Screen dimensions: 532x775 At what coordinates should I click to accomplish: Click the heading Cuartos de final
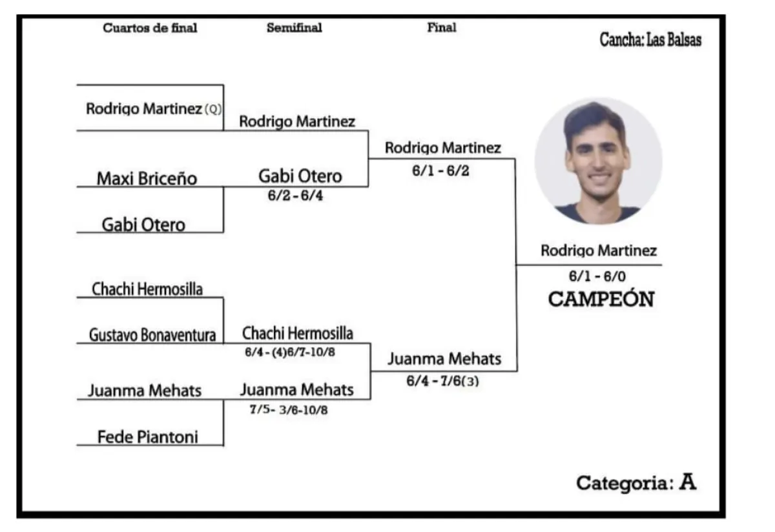pyautogui.click(x=150, y=28)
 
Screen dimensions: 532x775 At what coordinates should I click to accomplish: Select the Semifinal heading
pyautogui.click(x=294, y=28)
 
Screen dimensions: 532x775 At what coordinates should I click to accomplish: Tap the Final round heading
pyautogui.click(x=442, y=27)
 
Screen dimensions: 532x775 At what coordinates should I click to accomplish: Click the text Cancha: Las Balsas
pyautogui.click(x=650, y=40)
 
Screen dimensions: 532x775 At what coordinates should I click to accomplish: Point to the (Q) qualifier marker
pyautogui.click(x=213, y=110)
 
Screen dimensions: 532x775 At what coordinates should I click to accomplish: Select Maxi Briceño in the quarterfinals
pyautogui.click(x=147, y=178)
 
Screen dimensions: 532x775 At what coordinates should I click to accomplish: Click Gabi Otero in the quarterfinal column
pyautogui.click(x=143, y=225)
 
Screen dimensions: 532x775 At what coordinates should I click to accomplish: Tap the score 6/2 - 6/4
pyautogui.click(x=295, y=196)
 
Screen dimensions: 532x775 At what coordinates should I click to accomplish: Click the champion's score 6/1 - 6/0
pyautogui.click(x=597, y=276)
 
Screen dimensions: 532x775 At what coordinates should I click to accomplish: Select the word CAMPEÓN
pyautogui.click(x=601, y=300)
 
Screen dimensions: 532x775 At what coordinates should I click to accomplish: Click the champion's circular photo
pyautogui.click(x=598, y=161)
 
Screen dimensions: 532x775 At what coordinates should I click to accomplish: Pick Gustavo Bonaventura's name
pyautogui.click(x=152, y=336)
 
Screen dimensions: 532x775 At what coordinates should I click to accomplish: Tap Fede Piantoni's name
pyautogui.click(x=148, y=437)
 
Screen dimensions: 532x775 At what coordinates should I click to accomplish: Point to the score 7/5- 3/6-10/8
pyautogui.click(x=289, y=409)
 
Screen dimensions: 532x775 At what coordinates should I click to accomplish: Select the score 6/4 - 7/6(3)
pyautogui.click(x=442, y=381)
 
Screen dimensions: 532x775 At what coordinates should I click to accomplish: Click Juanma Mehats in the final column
pyautogui.click(x=444, y=358)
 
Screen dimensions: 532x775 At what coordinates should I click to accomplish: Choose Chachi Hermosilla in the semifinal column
pyautogui.click(x=298, y=333)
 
